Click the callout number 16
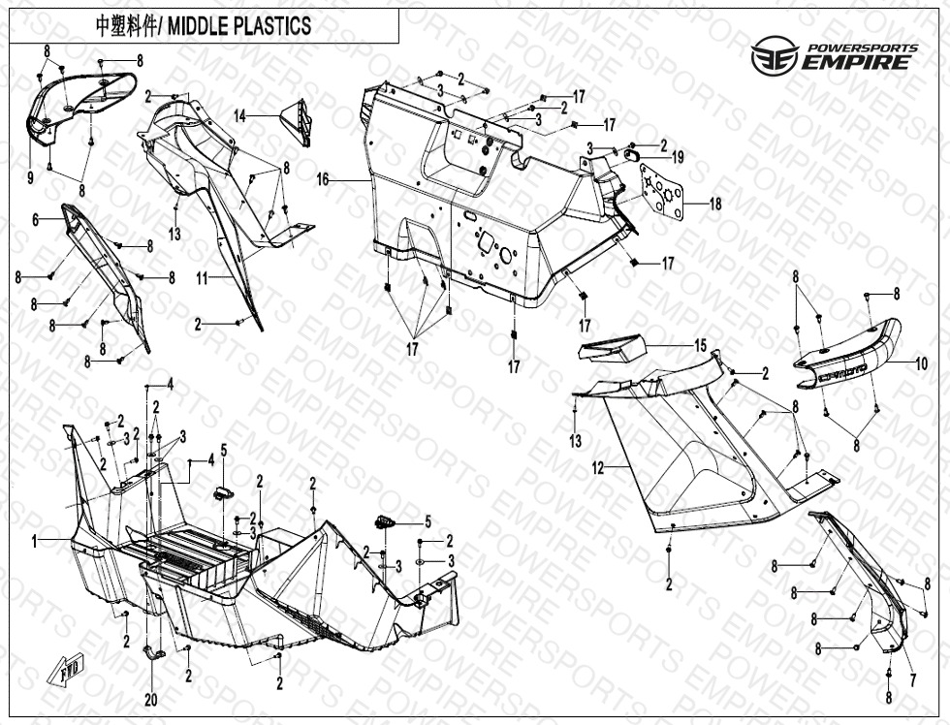pyautogui.click(x=323, y=180)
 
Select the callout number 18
pyautogui.click(x=715, y=204)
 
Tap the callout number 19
pyautogui.click(x=678, y=157)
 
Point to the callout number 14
pyautogui.click(x=239, y=115)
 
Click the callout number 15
pyautogui.click(x=699, y=346)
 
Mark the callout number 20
pyautogui.click(x=149, y=700)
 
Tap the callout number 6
pyautogui.click(x=36, y=220)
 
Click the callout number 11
pyautogui.click(x=202, y=278)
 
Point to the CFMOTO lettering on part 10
pyautogui.click(x=842, y=376)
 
